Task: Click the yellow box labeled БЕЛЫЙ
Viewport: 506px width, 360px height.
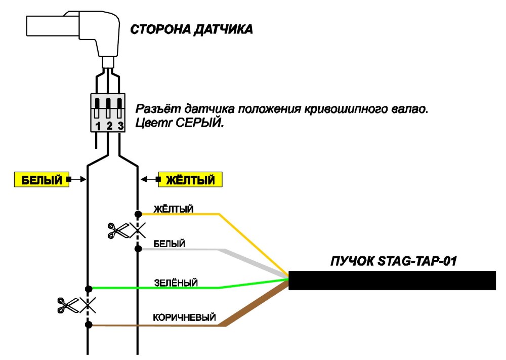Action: (x=41, y=180)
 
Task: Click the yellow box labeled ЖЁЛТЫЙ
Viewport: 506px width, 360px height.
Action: (x=190, y=180)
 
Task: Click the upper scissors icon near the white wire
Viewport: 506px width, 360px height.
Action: (x=118, y=231)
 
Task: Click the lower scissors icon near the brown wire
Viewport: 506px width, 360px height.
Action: (x=68, y=305)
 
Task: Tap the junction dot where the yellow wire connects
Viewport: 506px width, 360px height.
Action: (x=138, y=214)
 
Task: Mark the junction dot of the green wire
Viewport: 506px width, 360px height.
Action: (x=89, y=288)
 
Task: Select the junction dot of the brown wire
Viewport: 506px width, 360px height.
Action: (x=89, y=325)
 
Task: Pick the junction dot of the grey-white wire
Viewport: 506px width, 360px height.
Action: (x=138, y=249)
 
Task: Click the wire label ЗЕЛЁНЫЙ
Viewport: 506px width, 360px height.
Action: (x=176, y=283)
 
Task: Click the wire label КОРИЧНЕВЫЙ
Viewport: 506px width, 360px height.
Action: (x=184, y=317)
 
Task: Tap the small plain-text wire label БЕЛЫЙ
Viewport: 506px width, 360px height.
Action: (x=169, y=244)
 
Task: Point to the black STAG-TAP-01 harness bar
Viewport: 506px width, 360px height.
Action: (x=392, y=280)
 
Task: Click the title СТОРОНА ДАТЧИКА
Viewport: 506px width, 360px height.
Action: (x=191, y=29)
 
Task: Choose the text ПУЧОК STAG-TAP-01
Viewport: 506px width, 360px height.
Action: (x=394, y=261)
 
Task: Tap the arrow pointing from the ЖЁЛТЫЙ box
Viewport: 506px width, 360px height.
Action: (x=149, y=179)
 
